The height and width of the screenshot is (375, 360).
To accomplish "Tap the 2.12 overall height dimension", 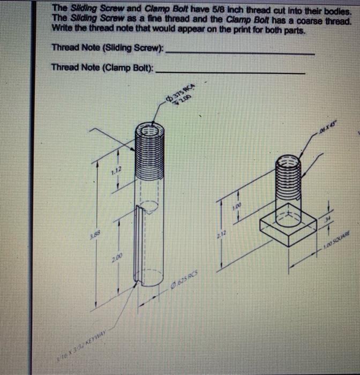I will (221, 235).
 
